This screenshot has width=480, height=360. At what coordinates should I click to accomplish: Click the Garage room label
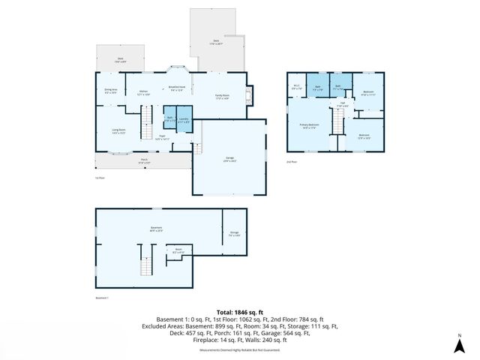[229, 158]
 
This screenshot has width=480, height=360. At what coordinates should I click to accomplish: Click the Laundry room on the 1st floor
[184, 120]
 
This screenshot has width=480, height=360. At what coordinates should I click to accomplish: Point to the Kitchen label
[143, 93]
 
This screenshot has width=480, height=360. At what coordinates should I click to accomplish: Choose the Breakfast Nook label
[177, 88]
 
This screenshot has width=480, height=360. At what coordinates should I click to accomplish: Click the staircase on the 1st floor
[148, 118]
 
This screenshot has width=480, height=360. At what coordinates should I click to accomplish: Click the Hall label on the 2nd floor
[342, 104]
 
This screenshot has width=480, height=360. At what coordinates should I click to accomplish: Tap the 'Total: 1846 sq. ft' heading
[240, 311]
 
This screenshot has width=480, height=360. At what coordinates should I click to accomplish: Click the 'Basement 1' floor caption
[103, 298]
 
